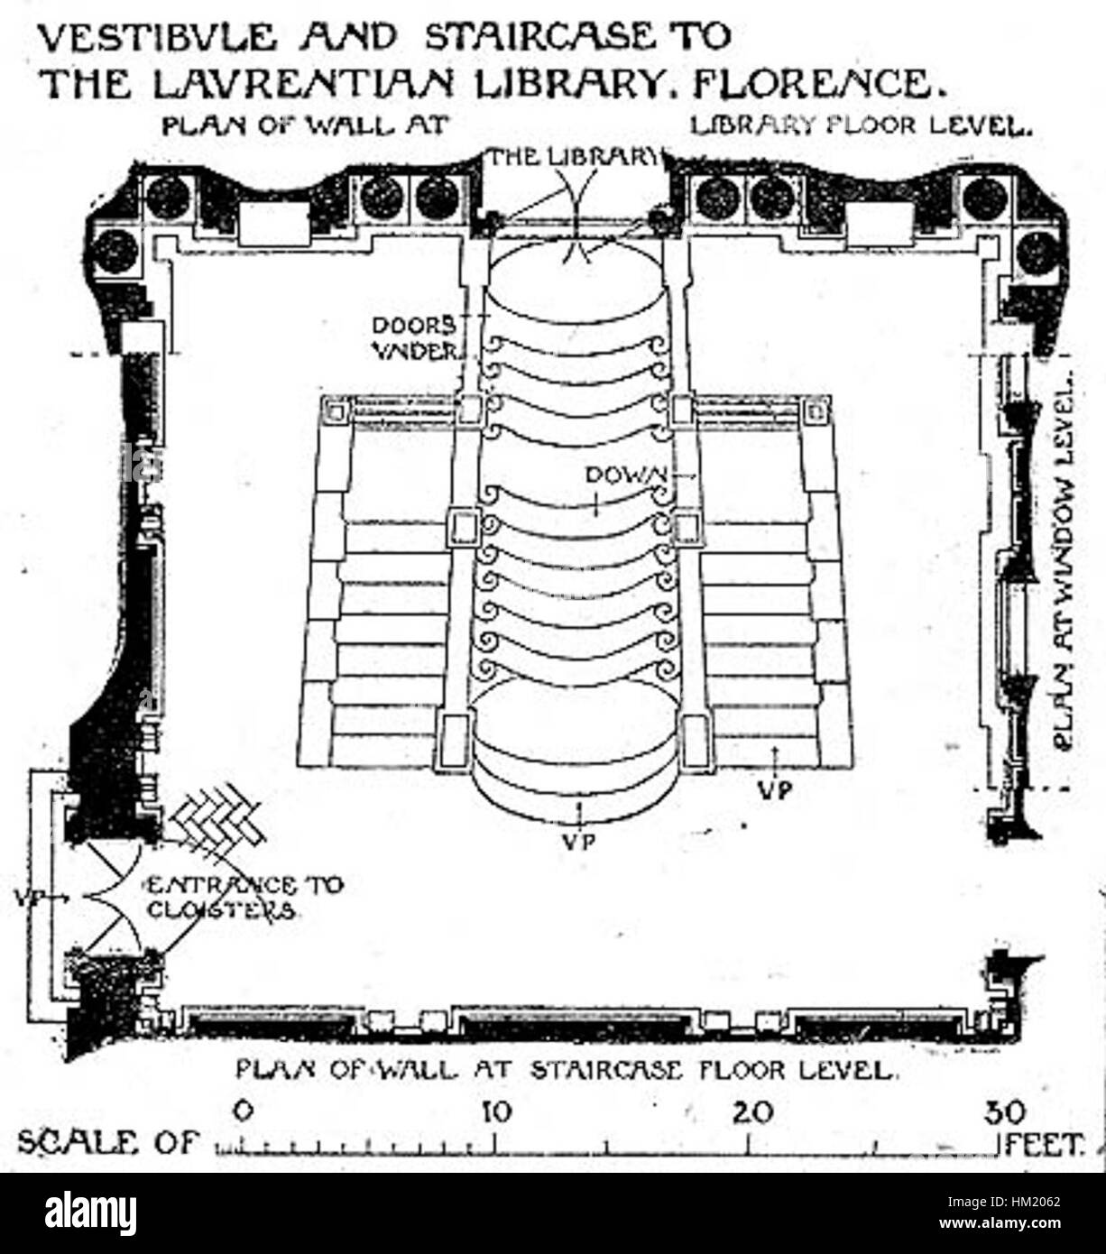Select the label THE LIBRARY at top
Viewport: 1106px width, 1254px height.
(573, 157)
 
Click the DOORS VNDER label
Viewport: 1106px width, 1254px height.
(415, 337)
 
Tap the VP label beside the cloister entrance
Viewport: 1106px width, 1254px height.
(29, 898)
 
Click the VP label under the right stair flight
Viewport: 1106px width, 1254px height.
(774, 790)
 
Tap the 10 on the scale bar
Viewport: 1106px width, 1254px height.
(495, 1111)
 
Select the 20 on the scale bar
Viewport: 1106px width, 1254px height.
(753, 1111)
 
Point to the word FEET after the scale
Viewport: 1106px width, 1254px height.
(1043, 1144)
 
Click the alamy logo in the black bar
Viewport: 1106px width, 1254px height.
(90, 1213)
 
